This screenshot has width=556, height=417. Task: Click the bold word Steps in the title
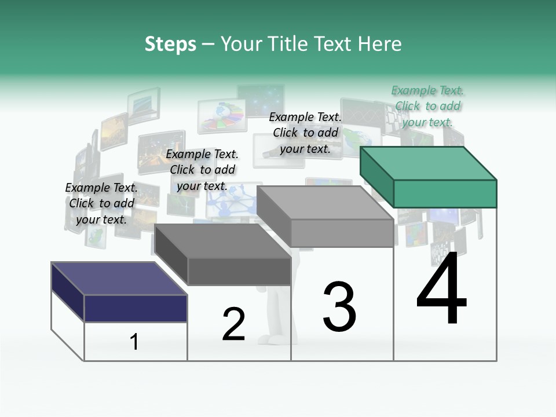(x=170, y=44)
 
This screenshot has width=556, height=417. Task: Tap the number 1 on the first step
(x=134, y=342)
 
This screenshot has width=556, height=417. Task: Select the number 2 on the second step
(x=233, y=324)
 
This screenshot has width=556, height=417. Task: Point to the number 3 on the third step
(x=339, y=307)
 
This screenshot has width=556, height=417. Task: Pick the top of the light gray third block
(x=325, y=203)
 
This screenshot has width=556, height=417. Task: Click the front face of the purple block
(x=136, y=308)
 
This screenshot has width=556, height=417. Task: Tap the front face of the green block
(x=445, y=193)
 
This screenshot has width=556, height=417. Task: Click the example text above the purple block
(x=101, y=203)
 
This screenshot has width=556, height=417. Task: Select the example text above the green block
(x=427, y=106)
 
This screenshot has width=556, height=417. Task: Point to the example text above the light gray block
(x=305, y=133)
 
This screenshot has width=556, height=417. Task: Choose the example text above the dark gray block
(x=202, y=170)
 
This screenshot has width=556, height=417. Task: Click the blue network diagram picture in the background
(x=232, y=199)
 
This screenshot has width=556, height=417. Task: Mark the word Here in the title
(x=381, y=44)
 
